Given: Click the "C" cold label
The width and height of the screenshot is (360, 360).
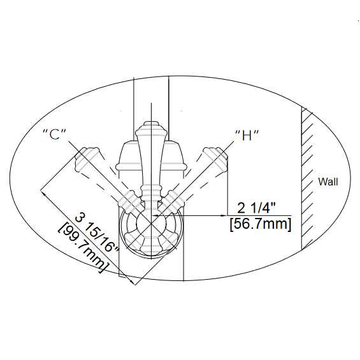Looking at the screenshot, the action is [x=55, y=134].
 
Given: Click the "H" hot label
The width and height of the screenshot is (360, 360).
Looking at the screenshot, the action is [x=247, y=135].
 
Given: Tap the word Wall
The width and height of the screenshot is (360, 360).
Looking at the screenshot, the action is [x=328, y=182].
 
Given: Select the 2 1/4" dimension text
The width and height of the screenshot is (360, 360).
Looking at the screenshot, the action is [x=256, y=208].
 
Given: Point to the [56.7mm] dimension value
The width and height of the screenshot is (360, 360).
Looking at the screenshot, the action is [x=261, y=224].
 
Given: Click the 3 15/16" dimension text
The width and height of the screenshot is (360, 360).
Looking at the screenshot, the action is [x=97, y=234].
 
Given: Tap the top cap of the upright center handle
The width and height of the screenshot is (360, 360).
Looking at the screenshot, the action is [x=151, y=125].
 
